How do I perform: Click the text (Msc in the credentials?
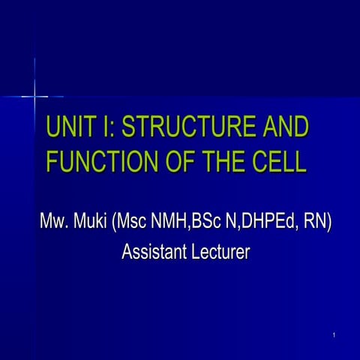pyautogui.click(x=133, y=223)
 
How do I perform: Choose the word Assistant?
pyautogui.click(x=152, y=253)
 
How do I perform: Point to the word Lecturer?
pyautogui.click(x=218, y=253)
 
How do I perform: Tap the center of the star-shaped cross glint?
pyautogui.click(x=34, y=96)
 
